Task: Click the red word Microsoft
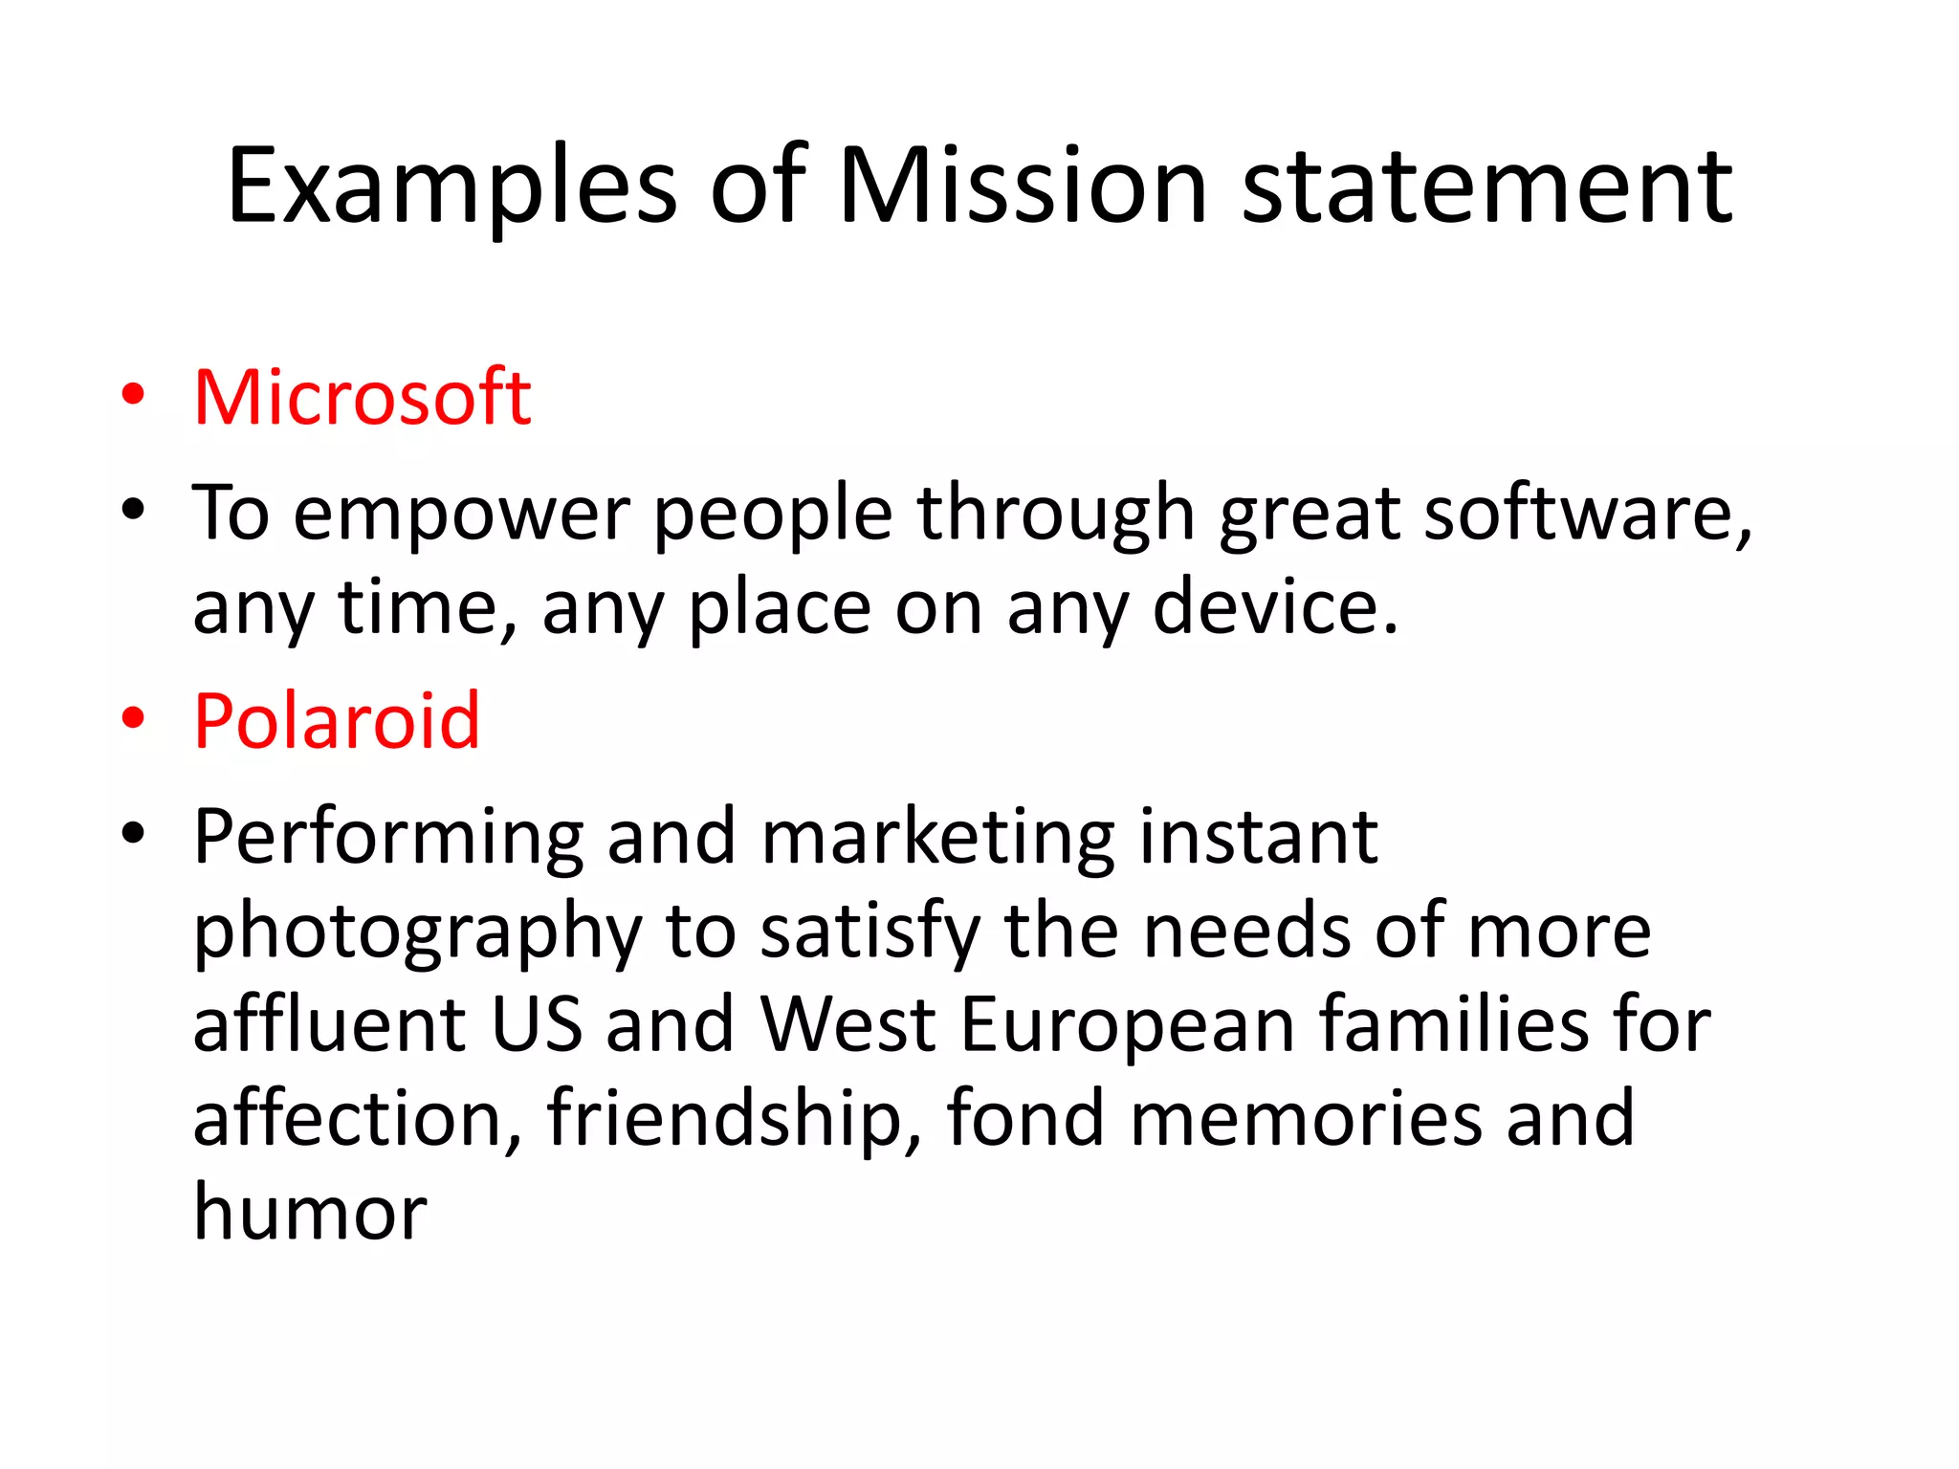coord(362,397)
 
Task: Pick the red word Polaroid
coord(337,720)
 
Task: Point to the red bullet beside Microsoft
coord(133,394)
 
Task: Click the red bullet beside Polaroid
coord(133,717)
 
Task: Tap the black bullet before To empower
coord(133,510)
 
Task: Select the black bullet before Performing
coord(133,833)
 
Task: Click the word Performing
coord(388,838)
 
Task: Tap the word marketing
coord(938,838)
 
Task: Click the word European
coord(1128,1024)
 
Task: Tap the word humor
coord(310,1212)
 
